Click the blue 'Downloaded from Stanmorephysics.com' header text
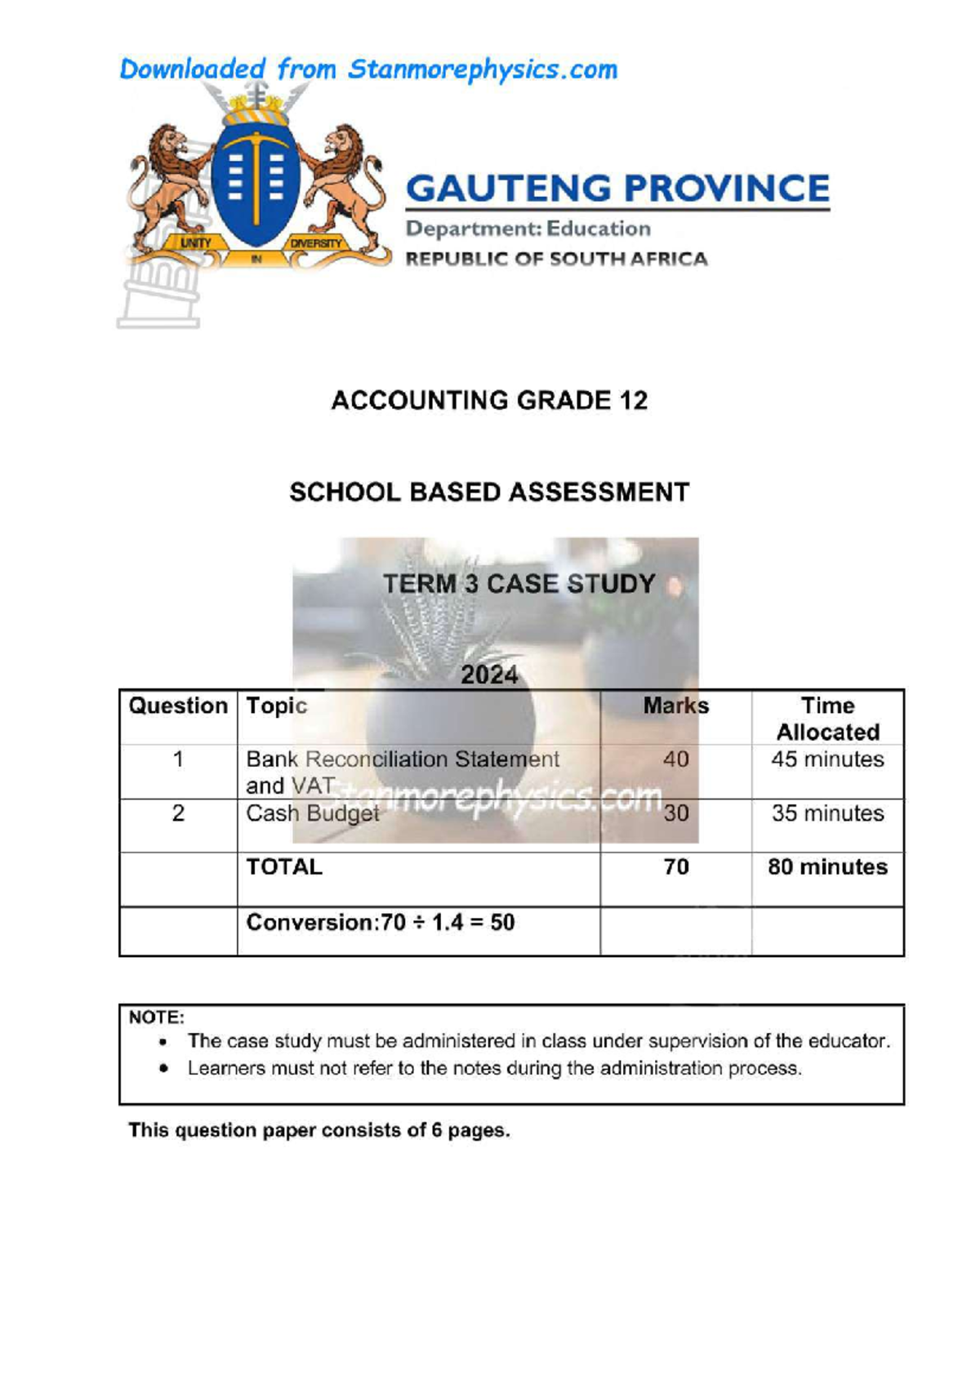pyautogui.click(x=368, y=70)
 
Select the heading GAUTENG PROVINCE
pyautogui.click(x=617, y=189)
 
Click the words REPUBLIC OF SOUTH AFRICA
pyautogui.click(x=556, y=260)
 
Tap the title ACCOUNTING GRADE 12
pyautogui.click(x=489, y=401)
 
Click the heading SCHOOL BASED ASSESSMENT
pyautogui.click(x=489, y=492)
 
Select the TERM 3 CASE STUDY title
pyautogui.click(x=519, y=584)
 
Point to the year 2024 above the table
pyautogui.click(x=489, y=675)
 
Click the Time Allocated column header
pyautogui.click(x=827, y=719)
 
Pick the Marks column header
pyautogui.click(x=675, y=706)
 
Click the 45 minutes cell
pyautogui.click(x=827, y=759)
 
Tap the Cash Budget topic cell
pyautogui.click(x=313, y=813)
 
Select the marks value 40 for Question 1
pyautogui.click(x=675, y=759)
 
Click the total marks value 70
pyautogui.click(x=675, y=867)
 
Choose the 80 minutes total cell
pyautogui.click(x=827, y=867)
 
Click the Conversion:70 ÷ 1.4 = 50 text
pyautogui.click(x=381, y=923)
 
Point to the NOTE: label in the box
pyautogui.click(x=157, y=1018)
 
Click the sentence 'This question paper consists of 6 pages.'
pyautogui.click(x=319, y=1131)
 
